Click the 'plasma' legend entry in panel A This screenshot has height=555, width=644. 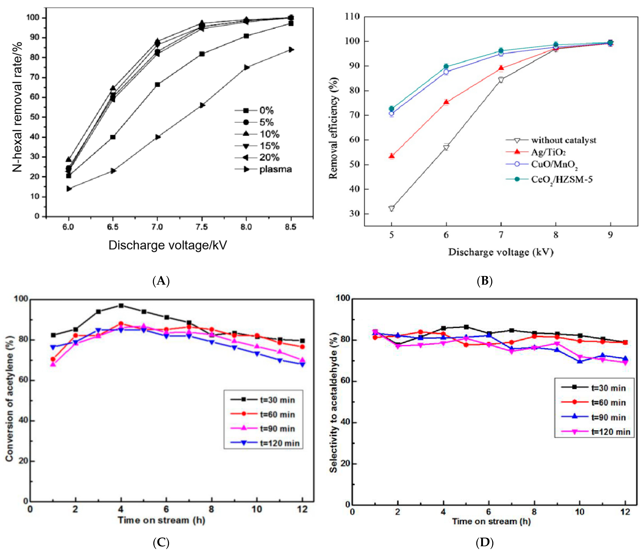coord(275,169)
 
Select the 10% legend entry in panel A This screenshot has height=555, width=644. coord(269,134)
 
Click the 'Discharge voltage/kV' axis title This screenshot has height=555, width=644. coord(168,245)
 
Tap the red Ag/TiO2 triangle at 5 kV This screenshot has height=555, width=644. coord(392,156)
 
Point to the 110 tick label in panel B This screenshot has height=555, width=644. coord(353,16)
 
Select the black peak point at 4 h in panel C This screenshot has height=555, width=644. coord(121,306)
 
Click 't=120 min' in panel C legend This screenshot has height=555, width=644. coord(279,443)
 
